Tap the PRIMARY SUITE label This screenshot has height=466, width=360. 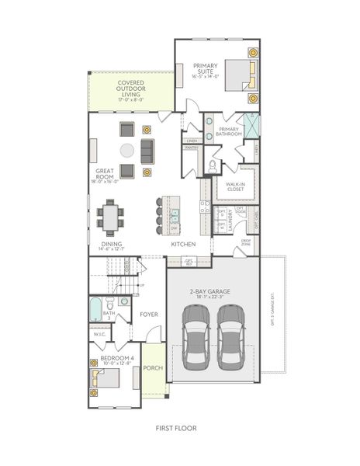[x=206, y=71]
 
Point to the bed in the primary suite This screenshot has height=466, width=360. [x=240, y=75]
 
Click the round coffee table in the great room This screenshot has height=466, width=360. [x=126, y=150]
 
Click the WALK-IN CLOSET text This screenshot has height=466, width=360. [x=235, y=186]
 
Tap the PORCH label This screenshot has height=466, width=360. [x=153, y=368]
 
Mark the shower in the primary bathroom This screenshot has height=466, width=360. [x=252, y=124]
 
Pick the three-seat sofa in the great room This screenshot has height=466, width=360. [x=147, y=149]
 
